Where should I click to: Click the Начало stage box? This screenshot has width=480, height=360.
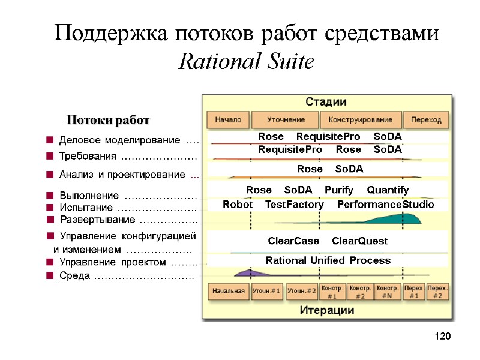coord(228,119)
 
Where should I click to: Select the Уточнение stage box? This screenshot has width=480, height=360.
coord(285,119)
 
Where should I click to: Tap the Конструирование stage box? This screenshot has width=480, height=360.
coord(360,119)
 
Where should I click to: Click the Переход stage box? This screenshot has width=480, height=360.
coord(425,119)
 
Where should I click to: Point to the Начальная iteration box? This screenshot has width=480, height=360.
coord(228,292)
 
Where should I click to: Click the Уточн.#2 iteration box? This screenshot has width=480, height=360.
coord(302,292)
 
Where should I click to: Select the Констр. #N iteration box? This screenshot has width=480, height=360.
coord(388,292)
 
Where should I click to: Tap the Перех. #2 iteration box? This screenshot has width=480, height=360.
coord(437,292)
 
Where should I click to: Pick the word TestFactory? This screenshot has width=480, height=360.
coord(294,205)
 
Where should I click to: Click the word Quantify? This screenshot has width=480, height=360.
coord(388,190)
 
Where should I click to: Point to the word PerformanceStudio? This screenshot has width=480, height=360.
coord(385,205)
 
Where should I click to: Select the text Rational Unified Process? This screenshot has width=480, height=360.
coord(328,260)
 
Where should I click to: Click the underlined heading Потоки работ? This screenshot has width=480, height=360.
coord(107,121)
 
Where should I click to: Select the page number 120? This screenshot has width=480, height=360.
coord(442,336)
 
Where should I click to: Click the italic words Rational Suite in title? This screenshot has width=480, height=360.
coord(247,61)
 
